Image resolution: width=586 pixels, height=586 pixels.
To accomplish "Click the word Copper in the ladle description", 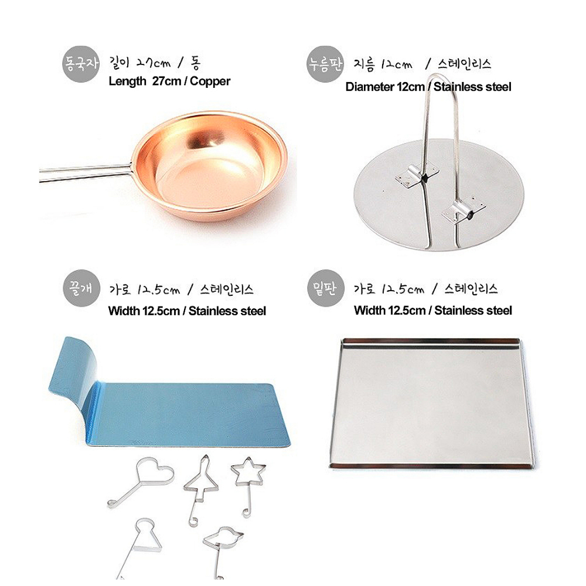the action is point(210,81).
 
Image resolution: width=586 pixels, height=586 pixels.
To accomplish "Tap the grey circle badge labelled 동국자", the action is point(81,64).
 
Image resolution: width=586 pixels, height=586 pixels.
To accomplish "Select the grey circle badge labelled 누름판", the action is point(325,64).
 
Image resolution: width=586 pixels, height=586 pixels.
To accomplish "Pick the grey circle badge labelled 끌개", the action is point(81,288).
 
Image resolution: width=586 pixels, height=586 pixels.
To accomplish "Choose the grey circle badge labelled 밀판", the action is point(325,288).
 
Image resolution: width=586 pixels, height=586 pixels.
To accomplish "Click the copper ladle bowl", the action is point(209,166).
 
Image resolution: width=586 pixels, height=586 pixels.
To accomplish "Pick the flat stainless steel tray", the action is point(432,403).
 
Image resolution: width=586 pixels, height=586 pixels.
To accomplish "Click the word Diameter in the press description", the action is point(366,87).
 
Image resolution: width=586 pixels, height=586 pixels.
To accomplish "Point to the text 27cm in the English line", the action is point(166,81).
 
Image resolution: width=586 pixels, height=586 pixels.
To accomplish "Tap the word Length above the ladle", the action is point(127,81).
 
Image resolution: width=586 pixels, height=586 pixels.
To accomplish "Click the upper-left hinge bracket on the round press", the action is point(416,175).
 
